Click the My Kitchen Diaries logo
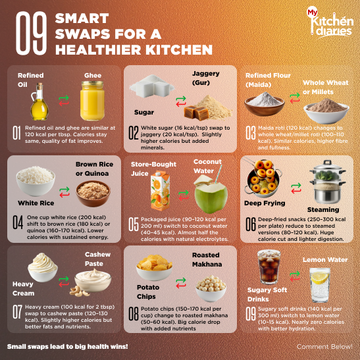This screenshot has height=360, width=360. point(330,22)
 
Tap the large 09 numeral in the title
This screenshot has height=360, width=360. point(31,34)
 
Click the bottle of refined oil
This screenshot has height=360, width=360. point(39,101)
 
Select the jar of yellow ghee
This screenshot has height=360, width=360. point(92,101)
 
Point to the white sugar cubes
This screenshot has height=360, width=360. point(152,86)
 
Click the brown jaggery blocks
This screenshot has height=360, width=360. point(197,113)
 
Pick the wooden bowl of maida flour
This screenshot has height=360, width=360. point(265,104)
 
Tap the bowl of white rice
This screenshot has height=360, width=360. point(36,181)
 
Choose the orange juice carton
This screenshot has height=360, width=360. point(160,191)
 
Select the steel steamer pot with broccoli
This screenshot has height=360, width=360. point(327,182)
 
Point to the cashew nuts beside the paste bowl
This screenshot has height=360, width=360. point(79,291)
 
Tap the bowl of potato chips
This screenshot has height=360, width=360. point(154,267)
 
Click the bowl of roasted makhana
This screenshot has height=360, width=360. point(211,288)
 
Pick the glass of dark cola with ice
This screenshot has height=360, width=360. point(269,267)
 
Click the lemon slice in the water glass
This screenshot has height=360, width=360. point(320,277)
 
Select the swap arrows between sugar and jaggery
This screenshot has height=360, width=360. point(181,101)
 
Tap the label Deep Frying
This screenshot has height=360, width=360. point(265,203)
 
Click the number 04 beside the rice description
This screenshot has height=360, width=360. point(18,222)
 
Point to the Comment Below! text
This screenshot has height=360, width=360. point(324,346)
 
